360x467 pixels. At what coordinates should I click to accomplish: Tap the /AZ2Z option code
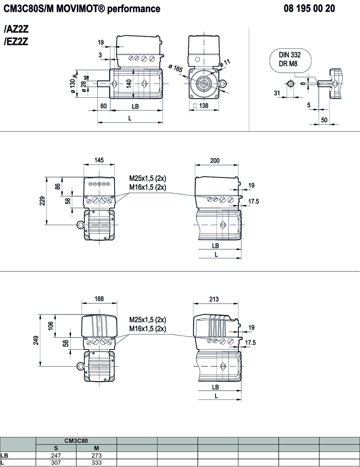click(16, 31)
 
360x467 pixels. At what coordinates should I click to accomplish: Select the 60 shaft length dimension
click(104, 106)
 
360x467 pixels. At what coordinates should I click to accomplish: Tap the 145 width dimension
click(99, 160)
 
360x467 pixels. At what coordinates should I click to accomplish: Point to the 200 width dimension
click(214, 160)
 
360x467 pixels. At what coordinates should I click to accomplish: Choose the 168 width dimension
click(99, 299)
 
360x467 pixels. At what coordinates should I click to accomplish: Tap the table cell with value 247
click(56, 455)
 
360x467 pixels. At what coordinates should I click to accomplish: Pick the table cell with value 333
click(97, 463)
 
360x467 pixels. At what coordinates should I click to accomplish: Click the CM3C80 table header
click(76, 441)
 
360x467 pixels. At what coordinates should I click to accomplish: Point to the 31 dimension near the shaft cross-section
click(277, 93)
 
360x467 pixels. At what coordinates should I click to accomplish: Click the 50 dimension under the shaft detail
click(324, 120)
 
